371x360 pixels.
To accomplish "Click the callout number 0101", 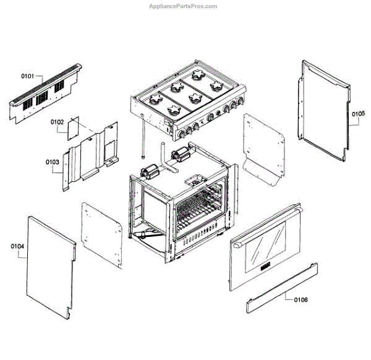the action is [x=28, y=76].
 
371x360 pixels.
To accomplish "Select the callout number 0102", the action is [x=57, y=122].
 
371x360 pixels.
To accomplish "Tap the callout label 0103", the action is [x=52, y=162].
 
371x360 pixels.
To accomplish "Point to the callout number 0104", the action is [x=17, y=246].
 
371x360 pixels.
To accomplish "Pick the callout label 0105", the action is [x=359, y=114].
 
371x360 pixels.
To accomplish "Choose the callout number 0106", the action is [x=301, y=299].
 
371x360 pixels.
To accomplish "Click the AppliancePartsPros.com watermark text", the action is [x=184, y=6].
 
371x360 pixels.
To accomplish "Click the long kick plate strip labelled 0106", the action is [x=282, y=286].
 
